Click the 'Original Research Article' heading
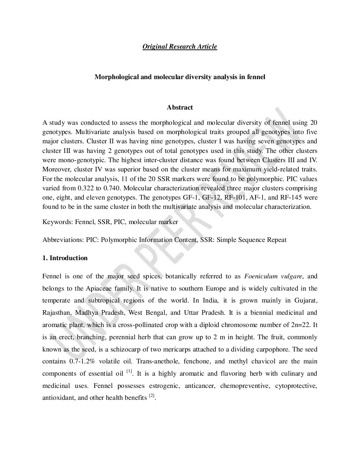[180, 46]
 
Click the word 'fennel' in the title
[257, 77]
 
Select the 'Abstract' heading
[180, 107]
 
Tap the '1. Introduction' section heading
[65, 258]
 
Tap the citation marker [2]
[152, 396]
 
